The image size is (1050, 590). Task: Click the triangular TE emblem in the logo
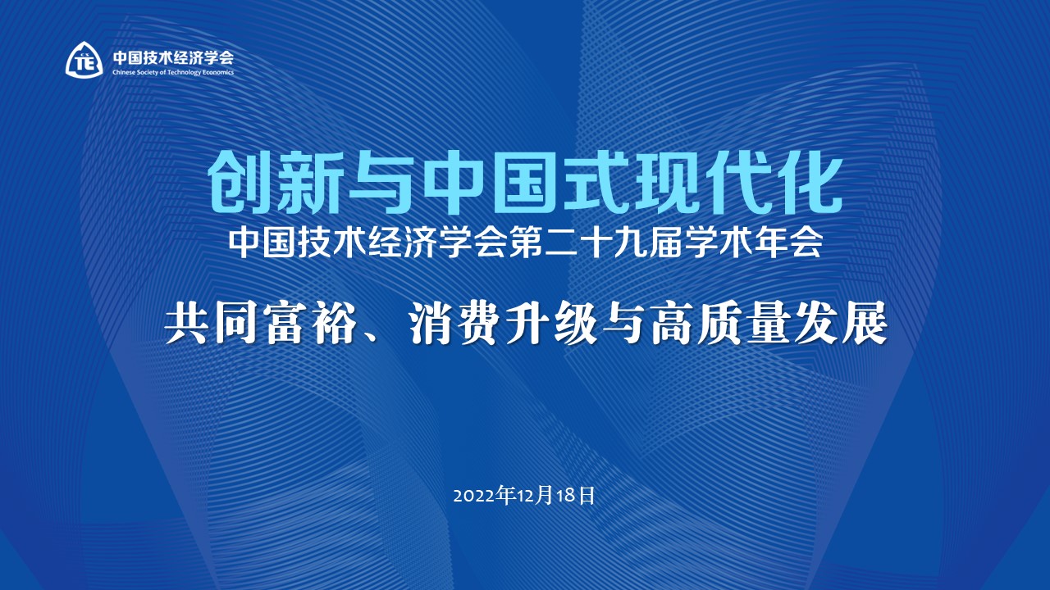click(84, 59)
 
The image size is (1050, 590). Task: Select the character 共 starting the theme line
click(185, 325)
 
